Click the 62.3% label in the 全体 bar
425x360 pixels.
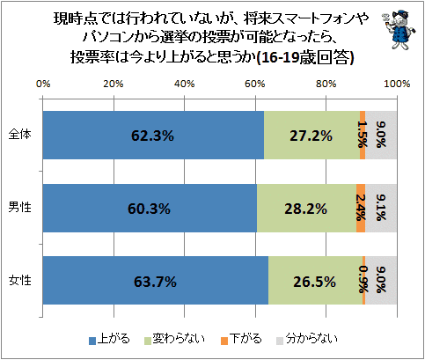tap(152, 136)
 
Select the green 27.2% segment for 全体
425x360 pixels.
tap(311, 136)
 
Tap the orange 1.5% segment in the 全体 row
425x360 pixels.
tap(363, 136)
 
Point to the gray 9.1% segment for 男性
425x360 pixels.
tap(381, 208)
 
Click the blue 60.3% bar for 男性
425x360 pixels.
tap(150, 208)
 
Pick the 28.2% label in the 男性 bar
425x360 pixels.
tap(305, 209)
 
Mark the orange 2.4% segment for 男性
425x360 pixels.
tap(361, 208)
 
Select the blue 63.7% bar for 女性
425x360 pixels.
tap(156, 281)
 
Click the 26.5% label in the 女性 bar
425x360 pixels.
tap(314, 282)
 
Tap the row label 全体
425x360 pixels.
tap(19, 135)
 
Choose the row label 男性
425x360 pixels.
tap(19, 207)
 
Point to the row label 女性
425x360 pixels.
tap(19, 280)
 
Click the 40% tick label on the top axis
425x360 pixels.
tap(184, 84)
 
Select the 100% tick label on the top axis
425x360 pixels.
tap(397, 84)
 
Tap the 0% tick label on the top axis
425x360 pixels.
tap(43, 84)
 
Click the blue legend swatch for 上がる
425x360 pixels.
tap(92, 341)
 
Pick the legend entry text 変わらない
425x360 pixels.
tap(179, 339)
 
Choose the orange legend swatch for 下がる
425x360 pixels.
tap(224, 341)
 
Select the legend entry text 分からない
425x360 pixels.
tap(311, 339)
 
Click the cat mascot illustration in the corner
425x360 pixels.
tap(399, 29)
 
